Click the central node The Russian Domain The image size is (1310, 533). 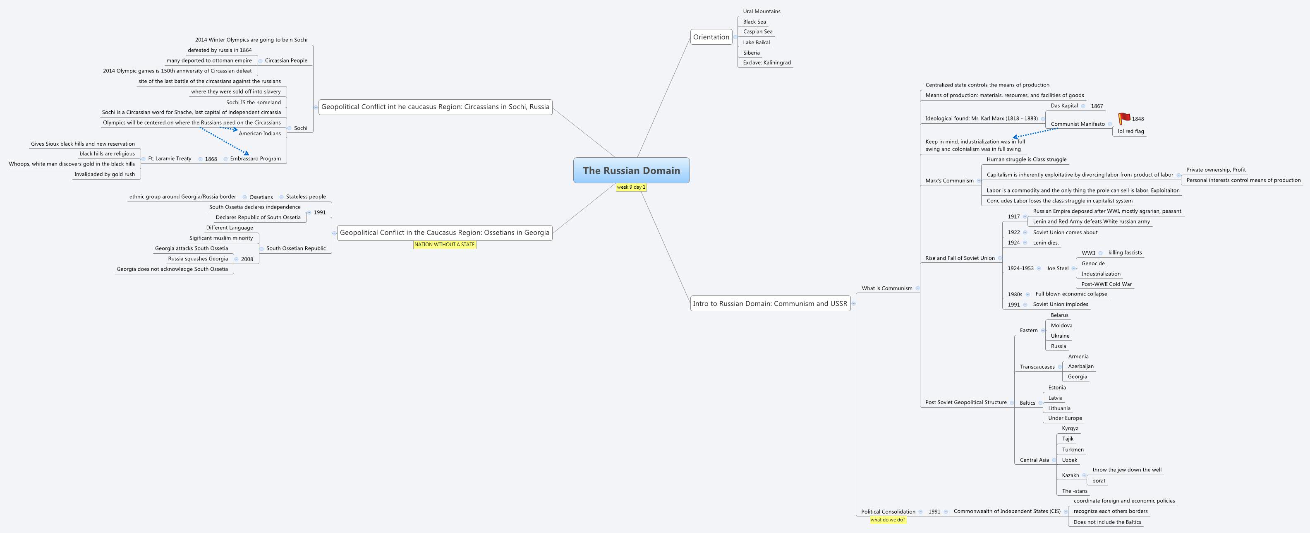coord(631,170)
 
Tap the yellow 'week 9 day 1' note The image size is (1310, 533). coord(631,187)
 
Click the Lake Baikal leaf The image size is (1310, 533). coord(756,43)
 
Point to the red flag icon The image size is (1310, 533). coord(1124,118)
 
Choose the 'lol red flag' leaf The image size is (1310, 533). coord(1130,131)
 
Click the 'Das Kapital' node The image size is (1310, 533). coord(1064,106)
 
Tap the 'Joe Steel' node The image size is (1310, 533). coord(1057,269)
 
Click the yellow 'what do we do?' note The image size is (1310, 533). coord(887,520)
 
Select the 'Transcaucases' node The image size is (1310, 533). coord(1037,367)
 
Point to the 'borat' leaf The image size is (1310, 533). coord(1099,480)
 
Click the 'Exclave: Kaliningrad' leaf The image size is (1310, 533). coord(766,62)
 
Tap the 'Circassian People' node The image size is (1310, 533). coord(286,60)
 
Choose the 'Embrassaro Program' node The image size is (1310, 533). coord(255,158)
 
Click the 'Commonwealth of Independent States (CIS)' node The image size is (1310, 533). coord(1007,511)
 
